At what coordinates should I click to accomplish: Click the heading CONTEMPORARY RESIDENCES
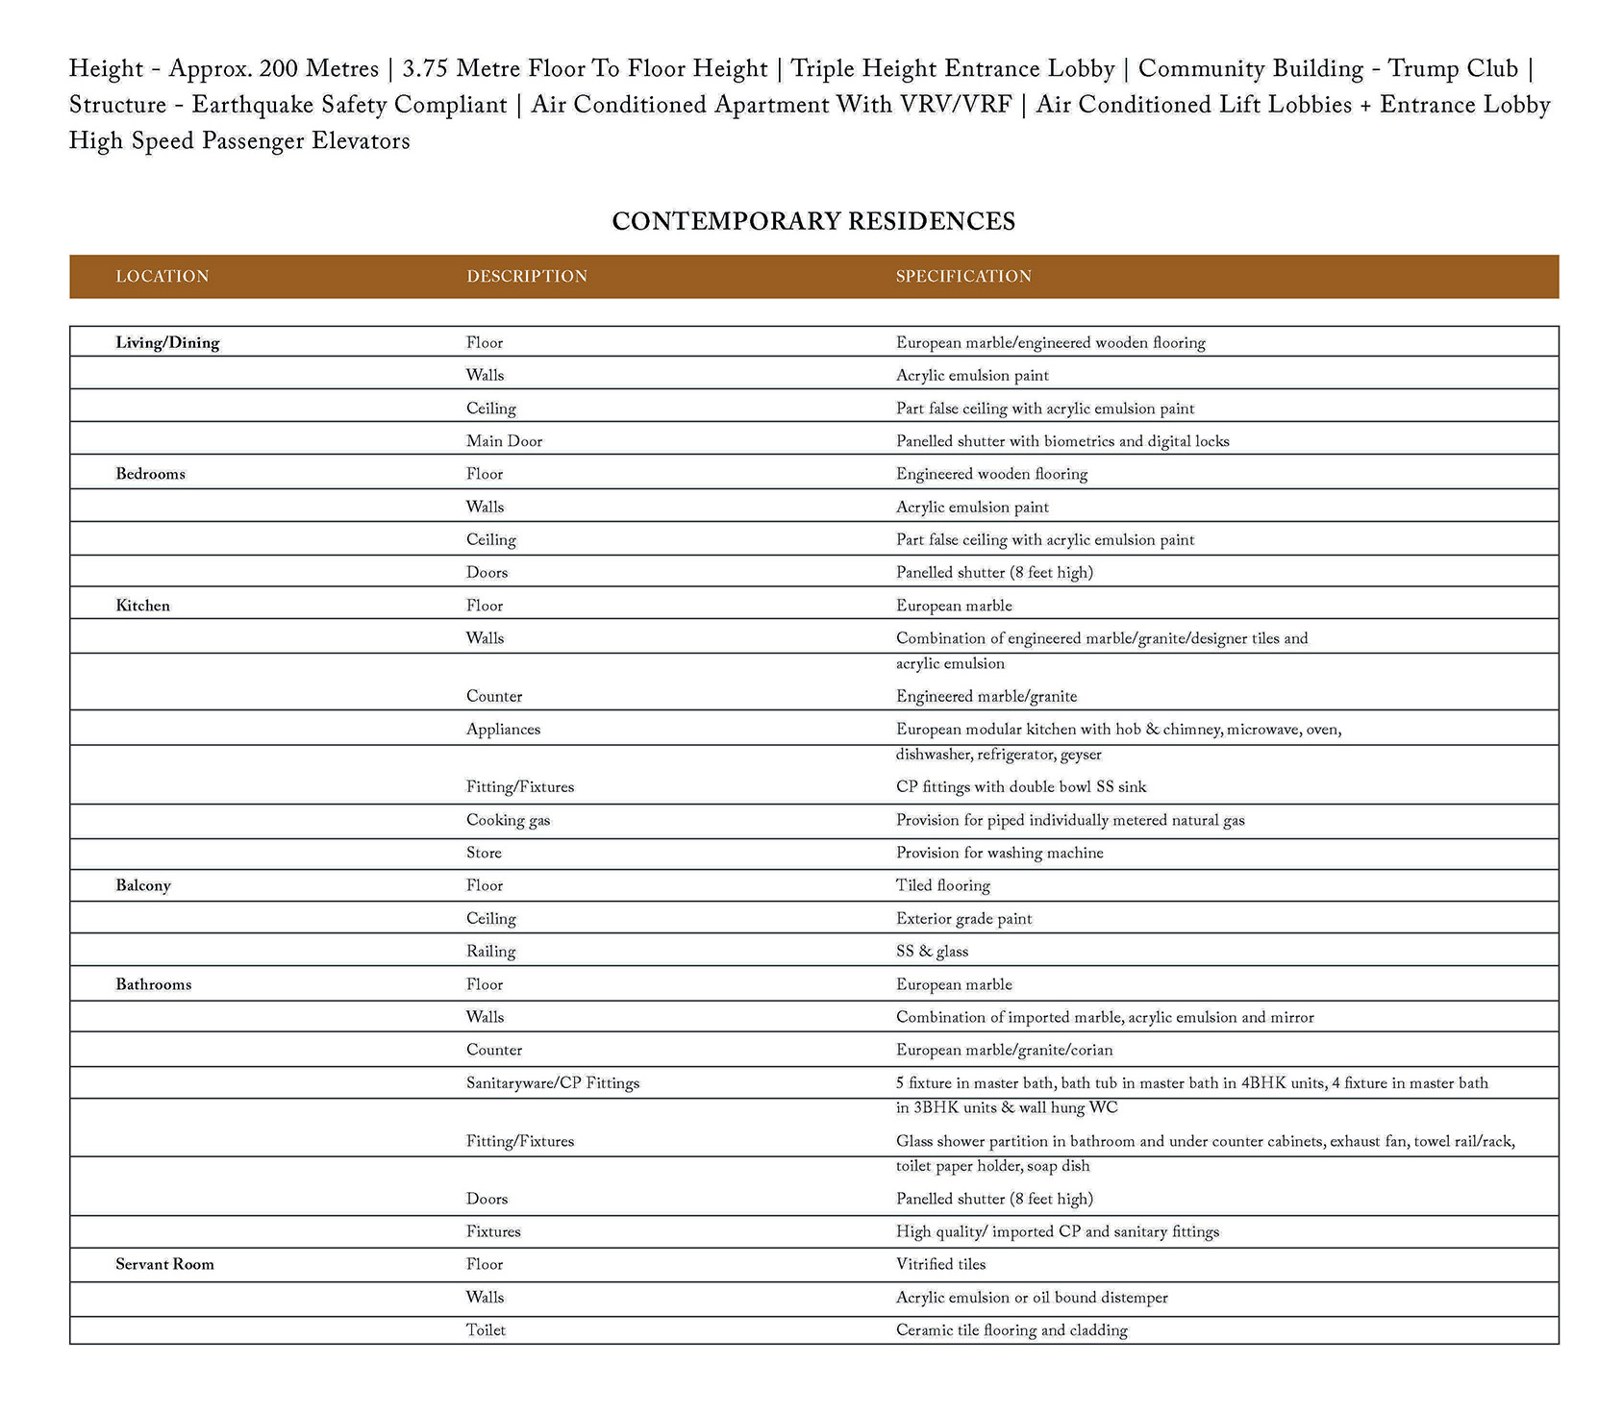(812, 222)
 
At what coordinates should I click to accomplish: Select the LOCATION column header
(162, 277)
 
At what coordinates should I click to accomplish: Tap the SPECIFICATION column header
(962, 277)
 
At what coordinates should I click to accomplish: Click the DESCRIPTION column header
(526, 277)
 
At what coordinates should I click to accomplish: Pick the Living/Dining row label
(167, 343)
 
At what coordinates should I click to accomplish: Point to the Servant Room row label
(164, 1264)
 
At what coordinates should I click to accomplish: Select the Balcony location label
(143, 885)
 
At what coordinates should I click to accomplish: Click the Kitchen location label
(142, 606)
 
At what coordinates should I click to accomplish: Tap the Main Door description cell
(504, 441)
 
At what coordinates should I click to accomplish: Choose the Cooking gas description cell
(508, 820)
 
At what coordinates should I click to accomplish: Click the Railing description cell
(490, 952)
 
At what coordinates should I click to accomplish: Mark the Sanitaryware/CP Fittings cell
(552, 1083)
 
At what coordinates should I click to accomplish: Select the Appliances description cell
(503, 730)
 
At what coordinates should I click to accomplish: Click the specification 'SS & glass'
(932, 952)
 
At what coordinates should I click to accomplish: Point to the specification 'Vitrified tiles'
(940, 1264)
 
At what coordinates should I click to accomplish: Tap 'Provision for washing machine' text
(999, 853)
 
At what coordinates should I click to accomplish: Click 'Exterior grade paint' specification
(963, 919)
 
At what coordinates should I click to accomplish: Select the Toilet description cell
(486, 1330)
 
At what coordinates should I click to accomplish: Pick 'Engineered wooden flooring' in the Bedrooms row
(991, 474)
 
